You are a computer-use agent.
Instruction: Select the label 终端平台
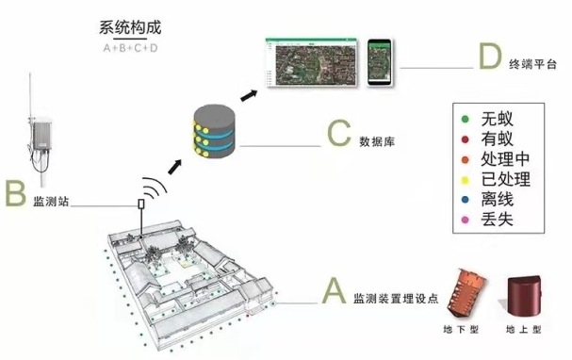click(x=532, y=66)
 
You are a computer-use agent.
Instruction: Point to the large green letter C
click(x=338, y=134)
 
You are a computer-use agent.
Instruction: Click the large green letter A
click(x=334, y=290)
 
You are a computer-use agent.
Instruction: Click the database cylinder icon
click(x=213, y=132)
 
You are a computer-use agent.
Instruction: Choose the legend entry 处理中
click(x=498, y=159)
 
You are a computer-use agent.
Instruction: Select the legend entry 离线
click(x=493, y=200)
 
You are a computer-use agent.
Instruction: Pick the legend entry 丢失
click(x=493, y=221)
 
